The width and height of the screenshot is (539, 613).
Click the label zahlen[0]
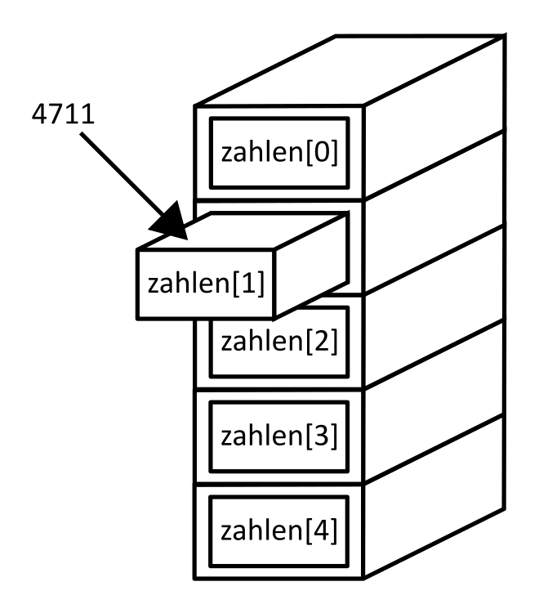pos(279,153)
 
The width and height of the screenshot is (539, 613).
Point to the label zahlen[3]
pos(279,436)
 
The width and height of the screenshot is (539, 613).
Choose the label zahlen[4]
pos(279,530)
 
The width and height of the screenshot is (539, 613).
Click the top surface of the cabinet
pos(351,72)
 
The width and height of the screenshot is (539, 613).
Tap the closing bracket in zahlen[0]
pos(332,153)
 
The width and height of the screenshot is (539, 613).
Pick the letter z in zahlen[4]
pos(227,532)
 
